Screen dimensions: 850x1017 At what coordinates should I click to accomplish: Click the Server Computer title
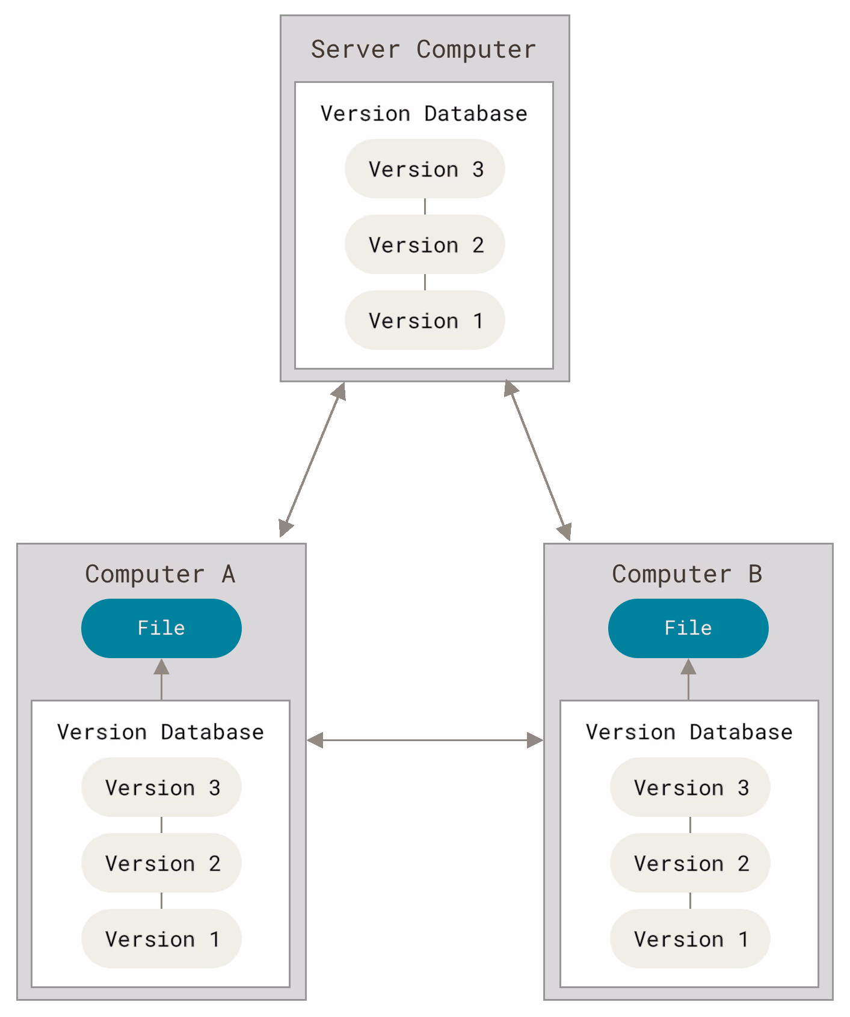(x=423, y=50)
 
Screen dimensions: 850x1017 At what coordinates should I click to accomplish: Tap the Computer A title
(x=160, y=575)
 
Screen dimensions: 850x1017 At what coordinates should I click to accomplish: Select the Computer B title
(x=687, y=575)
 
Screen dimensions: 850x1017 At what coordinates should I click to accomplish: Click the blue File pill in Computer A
(x=161, y=628)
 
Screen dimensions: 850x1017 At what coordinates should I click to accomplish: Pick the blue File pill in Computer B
(x=688, y=628)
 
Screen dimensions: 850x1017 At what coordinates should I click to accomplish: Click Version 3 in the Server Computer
(x=425, y=169)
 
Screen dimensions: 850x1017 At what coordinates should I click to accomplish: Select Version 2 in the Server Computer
(x=425, y=245)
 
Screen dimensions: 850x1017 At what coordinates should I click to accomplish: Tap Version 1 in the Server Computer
(x=425, y=320)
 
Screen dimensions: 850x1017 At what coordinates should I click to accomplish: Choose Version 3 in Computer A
(x=161, y=787)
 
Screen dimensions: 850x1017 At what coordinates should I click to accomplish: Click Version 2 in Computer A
(x=161, y=863)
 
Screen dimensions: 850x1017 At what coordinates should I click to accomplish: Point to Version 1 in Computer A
(x=161, y=939)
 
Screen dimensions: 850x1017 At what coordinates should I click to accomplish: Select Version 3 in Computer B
(x=690, y=787)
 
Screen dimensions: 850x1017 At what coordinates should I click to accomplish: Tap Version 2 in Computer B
(x=690, y=863)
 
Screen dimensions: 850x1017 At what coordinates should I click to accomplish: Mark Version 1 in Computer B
(x=690, y=939)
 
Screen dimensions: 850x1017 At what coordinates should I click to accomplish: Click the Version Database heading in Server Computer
(x=424, y=114)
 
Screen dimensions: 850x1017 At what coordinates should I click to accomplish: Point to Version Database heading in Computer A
(x=161, y=732)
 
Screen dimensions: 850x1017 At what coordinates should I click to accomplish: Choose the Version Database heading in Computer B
(x=689, y=732)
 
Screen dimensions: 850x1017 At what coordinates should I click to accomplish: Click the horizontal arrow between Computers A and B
(x=425, y=741)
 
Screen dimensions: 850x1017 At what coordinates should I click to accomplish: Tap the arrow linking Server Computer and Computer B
(x=538, y=460)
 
